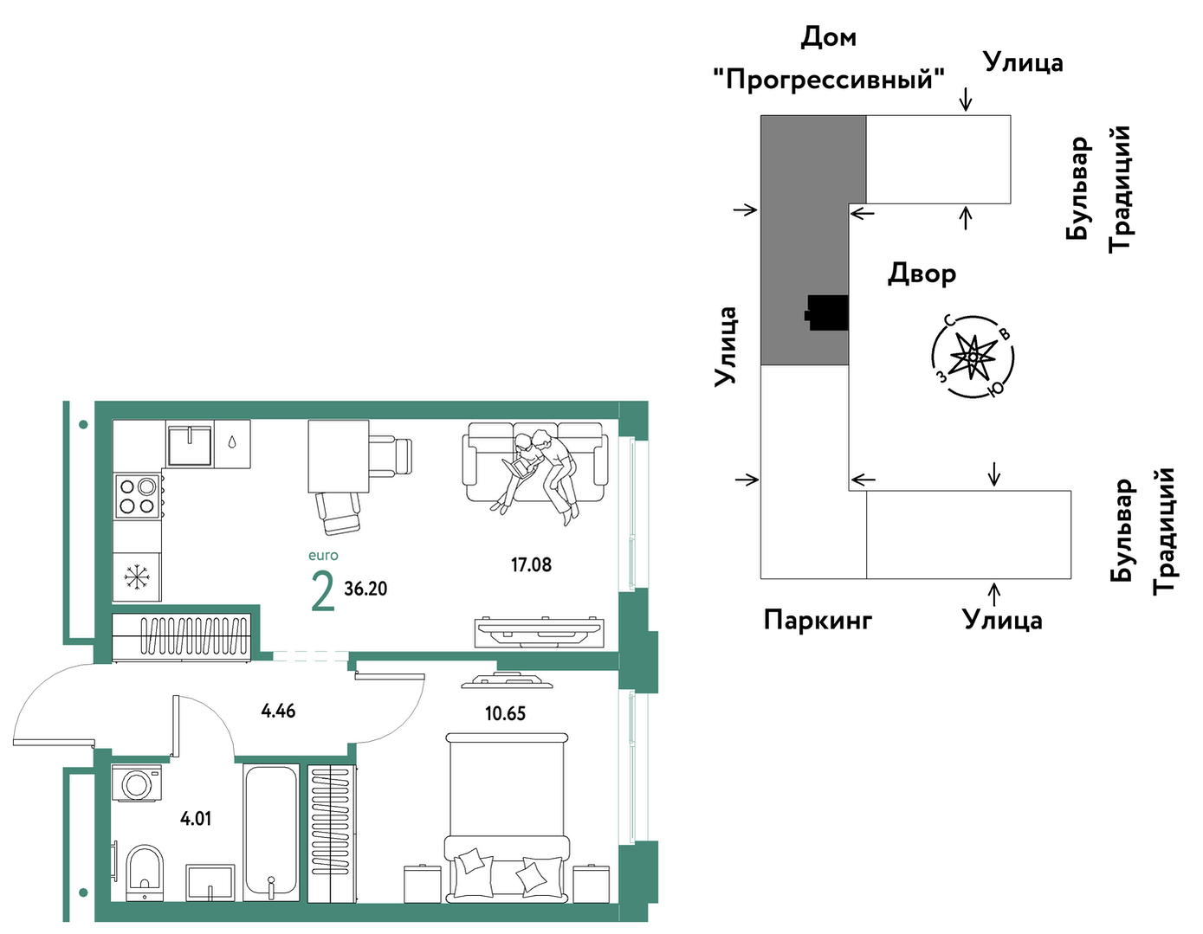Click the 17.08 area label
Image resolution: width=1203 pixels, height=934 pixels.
pos(531,565)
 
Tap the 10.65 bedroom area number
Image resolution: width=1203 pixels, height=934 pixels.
pos(506,714)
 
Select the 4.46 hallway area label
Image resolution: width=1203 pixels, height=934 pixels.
pos(278,711)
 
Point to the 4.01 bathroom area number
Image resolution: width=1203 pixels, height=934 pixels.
pos(196,819)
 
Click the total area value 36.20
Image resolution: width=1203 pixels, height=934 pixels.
pos(365,589)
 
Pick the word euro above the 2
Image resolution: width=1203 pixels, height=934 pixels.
pos(323,555)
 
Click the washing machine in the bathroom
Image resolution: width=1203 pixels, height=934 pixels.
pos(136,783)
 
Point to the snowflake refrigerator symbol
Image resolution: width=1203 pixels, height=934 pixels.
pos(136,577)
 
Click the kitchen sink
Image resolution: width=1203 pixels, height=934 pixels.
pos(190,445)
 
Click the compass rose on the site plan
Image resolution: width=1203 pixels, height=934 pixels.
pos(973,357)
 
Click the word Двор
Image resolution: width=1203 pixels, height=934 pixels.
pos(922,274)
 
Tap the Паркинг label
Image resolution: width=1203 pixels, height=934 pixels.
pos(818,621)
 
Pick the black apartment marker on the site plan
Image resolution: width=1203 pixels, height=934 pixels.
pos(826,312)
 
